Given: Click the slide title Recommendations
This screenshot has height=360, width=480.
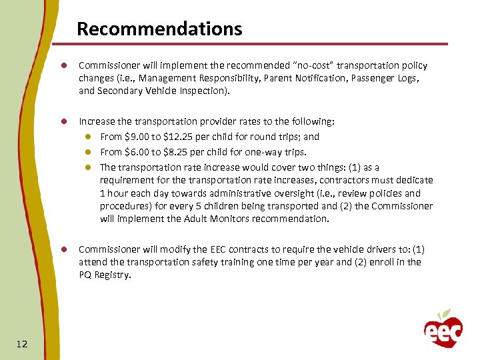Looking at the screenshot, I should (159, 29).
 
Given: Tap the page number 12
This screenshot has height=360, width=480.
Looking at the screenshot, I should (21, 343).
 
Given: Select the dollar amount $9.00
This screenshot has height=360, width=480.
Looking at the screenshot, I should (138, 137).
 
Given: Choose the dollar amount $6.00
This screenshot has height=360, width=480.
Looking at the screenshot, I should (138, 152).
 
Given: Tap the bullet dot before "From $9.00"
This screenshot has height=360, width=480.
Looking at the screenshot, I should (87, 137).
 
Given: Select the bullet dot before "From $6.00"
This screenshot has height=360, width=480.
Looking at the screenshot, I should (87, 152).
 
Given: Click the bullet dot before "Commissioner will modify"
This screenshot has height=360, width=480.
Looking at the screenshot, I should (65, 250).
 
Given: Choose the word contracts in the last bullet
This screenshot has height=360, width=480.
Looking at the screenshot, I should (226, 249).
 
